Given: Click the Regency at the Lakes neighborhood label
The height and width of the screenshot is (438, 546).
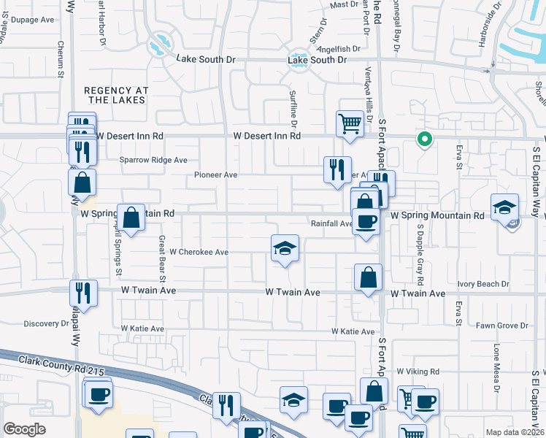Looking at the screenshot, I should click(117, 96).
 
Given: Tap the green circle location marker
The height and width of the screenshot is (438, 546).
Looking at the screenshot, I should click(423, 139).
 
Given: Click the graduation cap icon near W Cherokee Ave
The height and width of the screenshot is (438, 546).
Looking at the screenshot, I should click(285, 247).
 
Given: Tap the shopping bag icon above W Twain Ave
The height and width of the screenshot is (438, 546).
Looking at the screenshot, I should click(368, 277).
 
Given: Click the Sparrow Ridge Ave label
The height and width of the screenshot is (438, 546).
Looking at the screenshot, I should click(153, 160).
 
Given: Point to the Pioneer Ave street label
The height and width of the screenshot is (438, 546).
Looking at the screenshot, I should click(215, 175).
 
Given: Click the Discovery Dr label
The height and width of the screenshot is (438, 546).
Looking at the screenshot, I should click(45, 323).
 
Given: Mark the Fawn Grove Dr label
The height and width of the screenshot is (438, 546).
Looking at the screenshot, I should click(501, 326).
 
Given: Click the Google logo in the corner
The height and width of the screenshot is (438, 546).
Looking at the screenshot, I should click(24, 429).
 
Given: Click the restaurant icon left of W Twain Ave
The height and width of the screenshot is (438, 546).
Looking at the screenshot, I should click(82, 293).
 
